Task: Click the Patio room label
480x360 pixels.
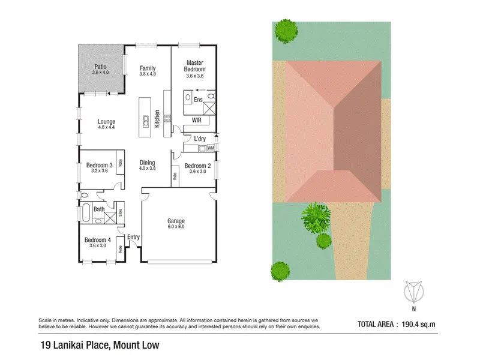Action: (100, 67)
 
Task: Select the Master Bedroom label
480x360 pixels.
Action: (194, 66)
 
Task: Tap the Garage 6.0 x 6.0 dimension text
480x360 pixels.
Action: (176, 227)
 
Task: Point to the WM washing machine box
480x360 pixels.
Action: (211, 148)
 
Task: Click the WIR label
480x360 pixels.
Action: (197, 121)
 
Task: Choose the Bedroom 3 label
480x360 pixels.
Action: (99, 165)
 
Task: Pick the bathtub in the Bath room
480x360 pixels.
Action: (86, 212)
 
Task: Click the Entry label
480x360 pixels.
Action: (133, 237)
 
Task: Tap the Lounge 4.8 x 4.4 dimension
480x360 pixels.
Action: (106, 127)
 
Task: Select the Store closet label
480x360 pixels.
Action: (121, 212)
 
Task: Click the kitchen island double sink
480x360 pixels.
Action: (146, 121)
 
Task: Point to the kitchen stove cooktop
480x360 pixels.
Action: (167, 118)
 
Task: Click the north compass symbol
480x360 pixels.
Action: (413, 292)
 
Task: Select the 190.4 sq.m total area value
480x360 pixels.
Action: (418, 324)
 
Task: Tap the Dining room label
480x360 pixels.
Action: (147, 163)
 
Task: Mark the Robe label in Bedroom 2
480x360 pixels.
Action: (175, 176)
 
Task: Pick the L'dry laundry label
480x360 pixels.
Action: (200, 139)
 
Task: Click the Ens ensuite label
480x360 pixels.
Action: (198, 100)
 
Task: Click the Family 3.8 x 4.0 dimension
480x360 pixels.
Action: (148, 74)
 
